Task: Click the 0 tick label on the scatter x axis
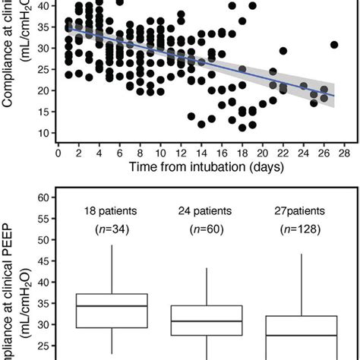point(58,151)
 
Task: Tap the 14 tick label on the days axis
point(201,151)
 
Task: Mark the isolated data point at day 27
point(334,46)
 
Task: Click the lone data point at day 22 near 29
point(283,52)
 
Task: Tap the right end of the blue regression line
point(334,96)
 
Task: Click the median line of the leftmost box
point(112,306)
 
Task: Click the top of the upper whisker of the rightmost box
point(302,254)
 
